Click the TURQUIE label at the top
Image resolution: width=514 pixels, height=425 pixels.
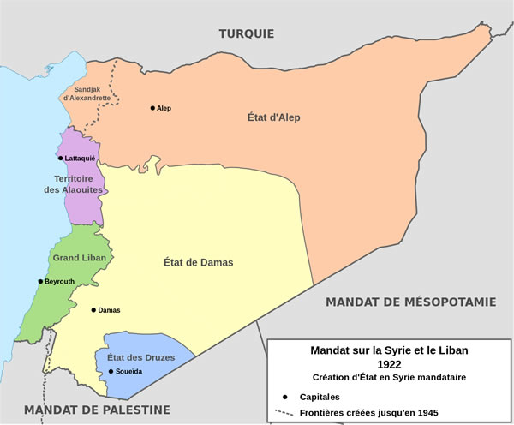(x=246, y=34)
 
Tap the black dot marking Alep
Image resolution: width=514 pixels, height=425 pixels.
(x=152, y=108)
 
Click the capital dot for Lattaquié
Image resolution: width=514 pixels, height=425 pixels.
(x=60, y=159)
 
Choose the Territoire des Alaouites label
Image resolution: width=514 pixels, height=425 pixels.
(x=74, y=183)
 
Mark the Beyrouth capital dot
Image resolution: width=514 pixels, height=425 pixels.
(x=40, y=281)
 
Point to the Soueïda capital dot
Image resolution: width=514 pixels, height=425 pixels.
(x=111, y=371)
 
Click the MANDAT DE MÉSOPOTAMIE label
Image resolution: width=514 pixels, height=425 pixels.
(x=410, y=302)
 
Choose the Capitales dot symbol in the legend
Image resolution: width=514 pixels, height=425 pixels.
(x=284, y=397)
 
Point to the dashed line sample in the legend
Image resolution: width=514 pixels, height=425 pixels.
(x=284, y=412)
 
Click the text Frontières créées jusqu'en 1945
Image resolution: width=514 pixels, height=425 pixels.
(x=369, y=412)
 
